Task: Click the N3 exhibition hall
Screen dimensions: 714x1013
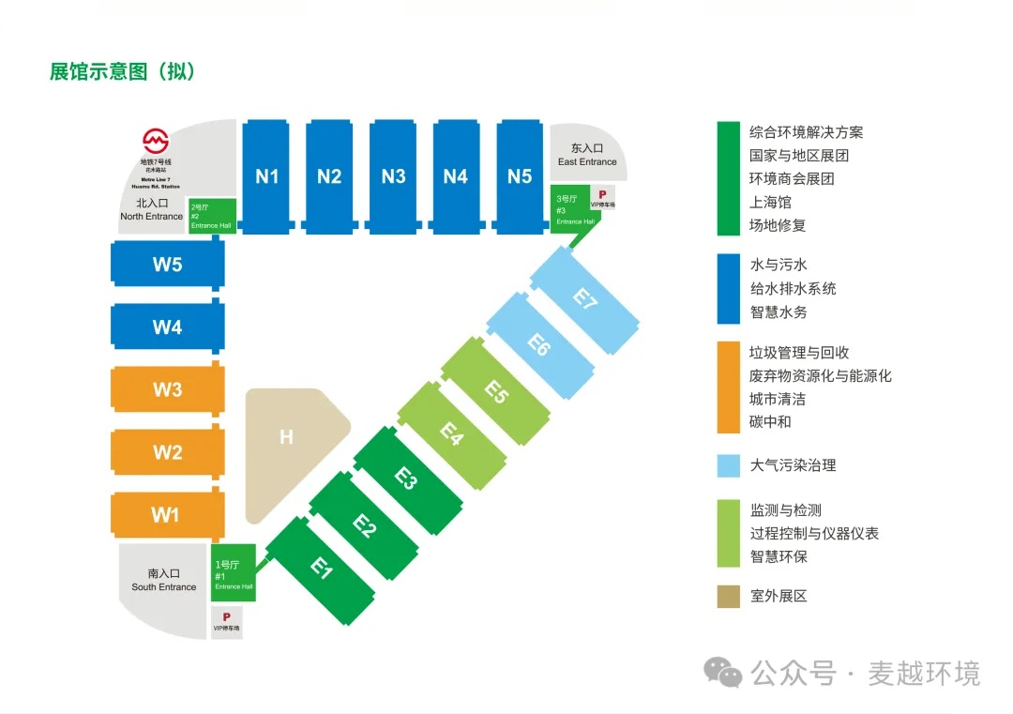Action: tap(393, 176)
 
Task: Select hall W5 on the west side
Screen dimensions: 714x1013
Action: tap(167, 265)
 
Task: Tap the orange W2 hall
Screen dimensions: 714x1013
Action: tap(167, 452)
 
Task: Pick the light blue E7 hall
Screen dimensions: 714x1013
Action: tap(585, 300)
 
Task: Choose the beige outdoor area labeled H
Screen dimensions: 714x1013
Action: tap(287, 437)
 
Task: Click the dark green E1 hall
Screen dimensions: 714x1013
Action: tap(322, 569)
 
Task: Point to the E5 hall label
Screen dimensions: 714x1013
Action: tap(496, 391)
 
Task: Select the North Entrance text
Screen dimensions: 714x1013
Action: tap(152, 209)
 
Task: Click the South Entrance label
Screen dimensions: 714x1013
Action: tap(163, 580)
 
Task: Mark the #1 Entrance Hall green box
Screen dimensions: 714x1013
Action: tap(234, 572)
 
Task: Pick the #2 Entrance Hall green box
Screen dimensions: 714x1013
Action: tap(211, 215)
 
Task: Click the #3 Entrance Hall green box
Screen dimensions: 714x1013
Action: tap(568, 210)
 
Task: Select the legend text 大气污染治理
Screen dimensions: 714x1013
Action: tap(793, 464)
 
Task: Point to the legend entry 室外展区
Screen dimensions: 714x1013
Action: tap(779, 596)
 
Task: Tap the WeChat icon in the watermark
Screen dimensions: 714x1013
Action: tap(724, 672)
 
